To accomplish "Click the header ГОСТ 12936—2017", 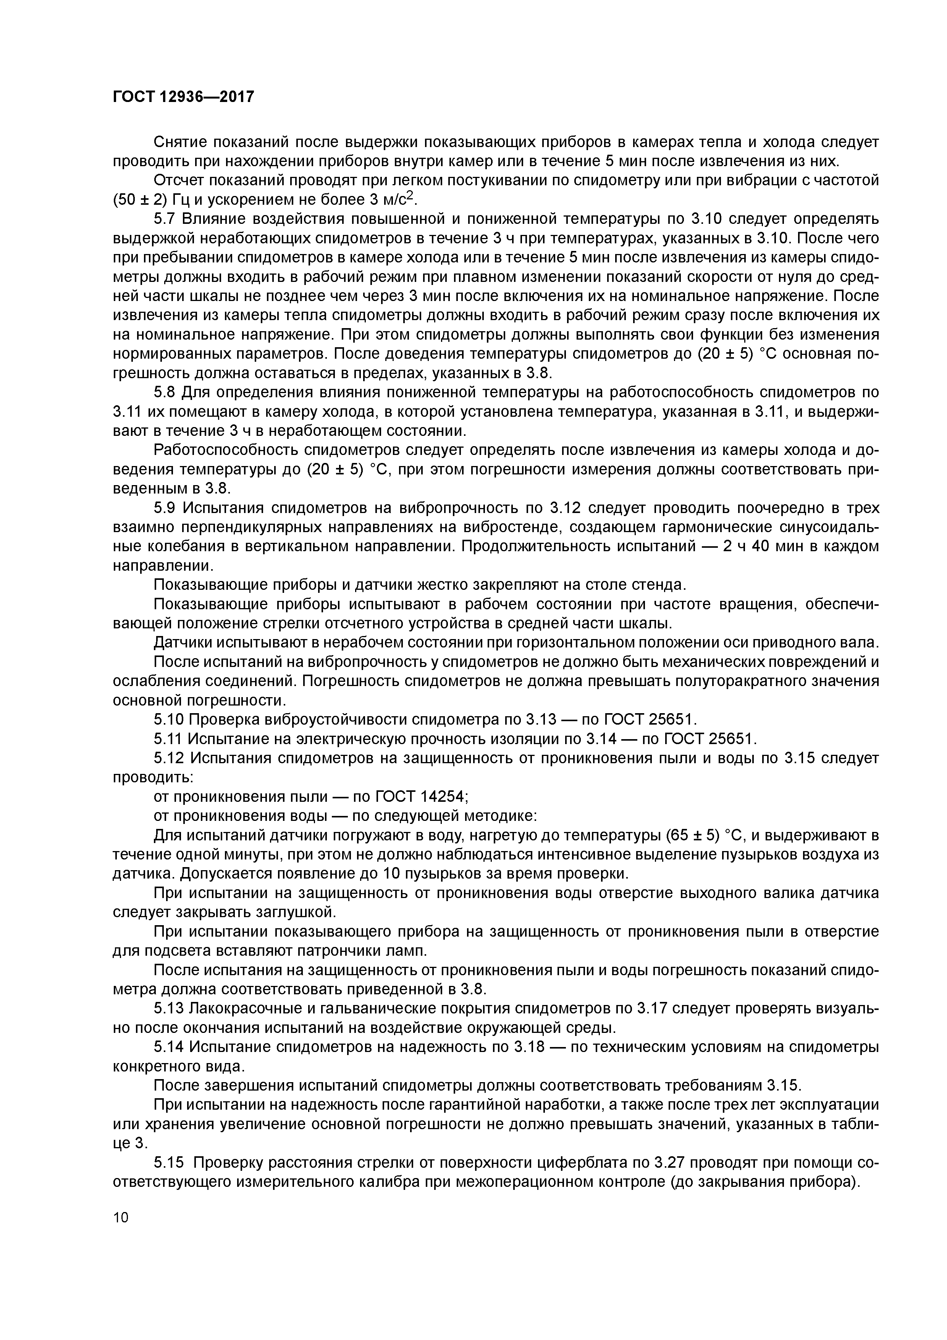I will (x=183, y=96).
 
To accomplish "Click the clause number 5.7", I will (x=165, y=219).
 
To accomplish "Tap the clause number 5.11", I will (x=169, y=739).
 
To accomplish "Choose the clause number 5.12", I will (x=169, y=758).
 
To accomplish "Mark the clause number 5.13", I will (x=169, y=1008).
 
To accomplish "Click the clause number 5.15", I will (x=169, y=1163).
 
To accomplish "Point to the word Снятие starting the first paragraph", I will (x=179, y=142).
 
